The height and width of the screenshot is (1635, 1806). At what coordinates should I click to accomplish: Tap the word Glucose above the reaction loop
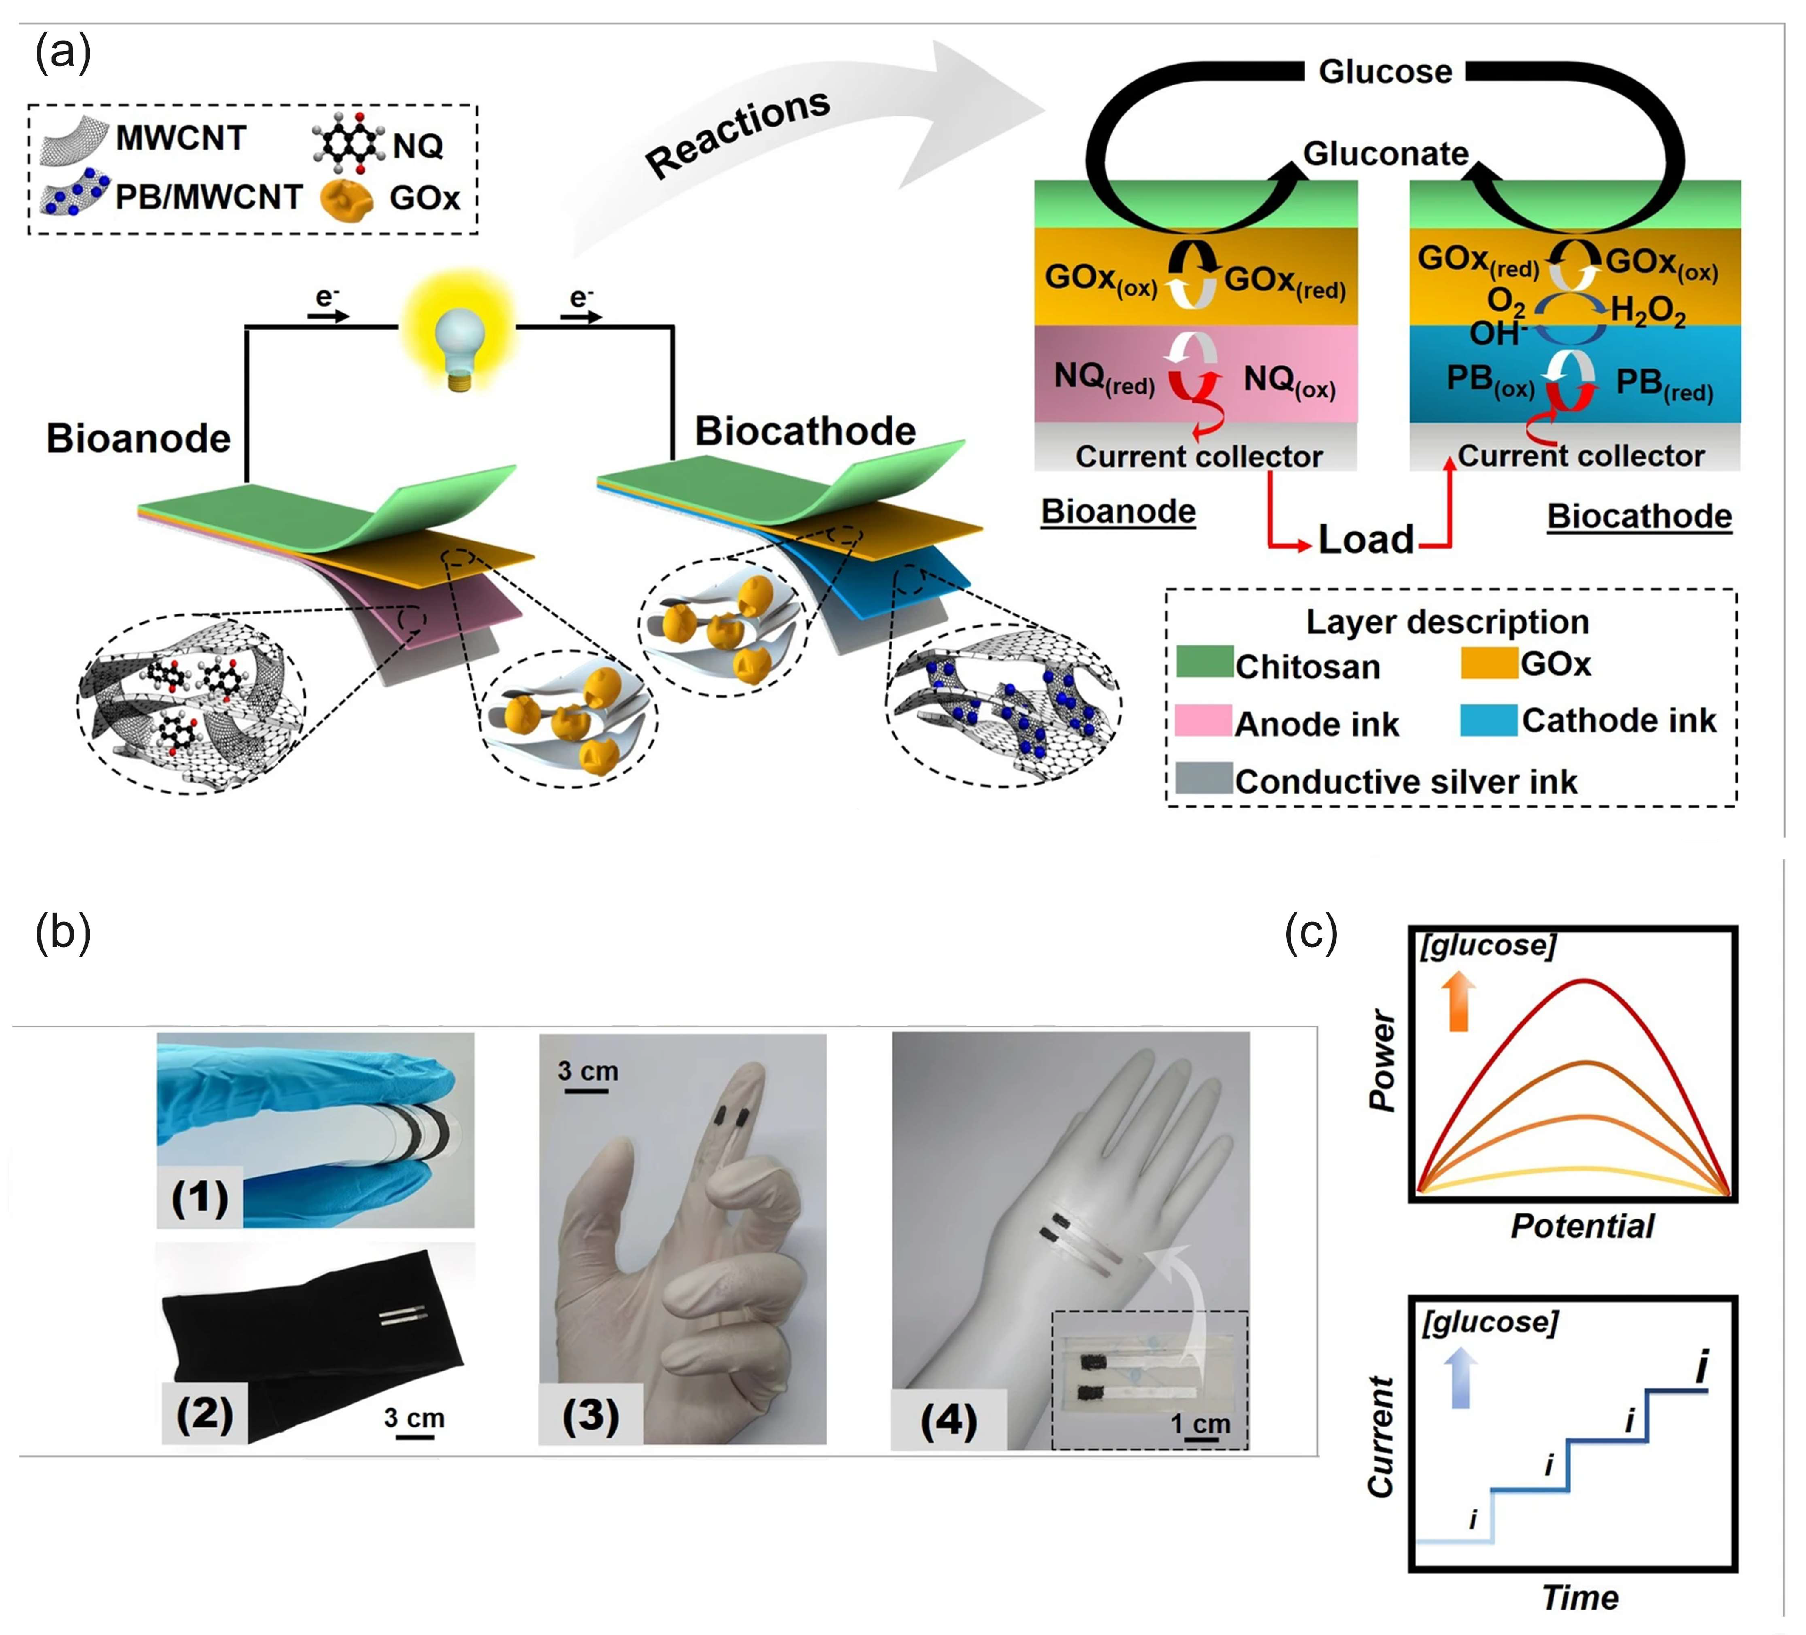coord(1385,72)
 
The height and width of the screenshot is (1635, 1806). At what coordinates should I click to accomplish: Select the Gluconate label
coord(1385,154)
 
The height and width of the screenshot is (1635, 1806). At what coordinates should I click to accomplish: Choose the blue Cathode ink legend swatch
coord(1488,720)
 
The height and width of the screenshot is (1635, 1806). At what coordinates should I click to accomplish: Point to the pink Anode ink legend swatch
coord(1203,720)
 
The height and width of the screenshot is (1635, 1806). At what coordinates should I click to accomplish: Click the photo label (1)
coord(199,1197)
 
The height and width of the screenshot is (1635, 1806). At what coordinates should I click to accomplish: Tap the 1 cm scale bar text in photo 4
coord(1200,1424)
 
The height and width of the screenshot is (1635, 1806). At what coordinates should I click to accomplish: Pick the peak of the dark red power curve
coord(1584,981)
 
